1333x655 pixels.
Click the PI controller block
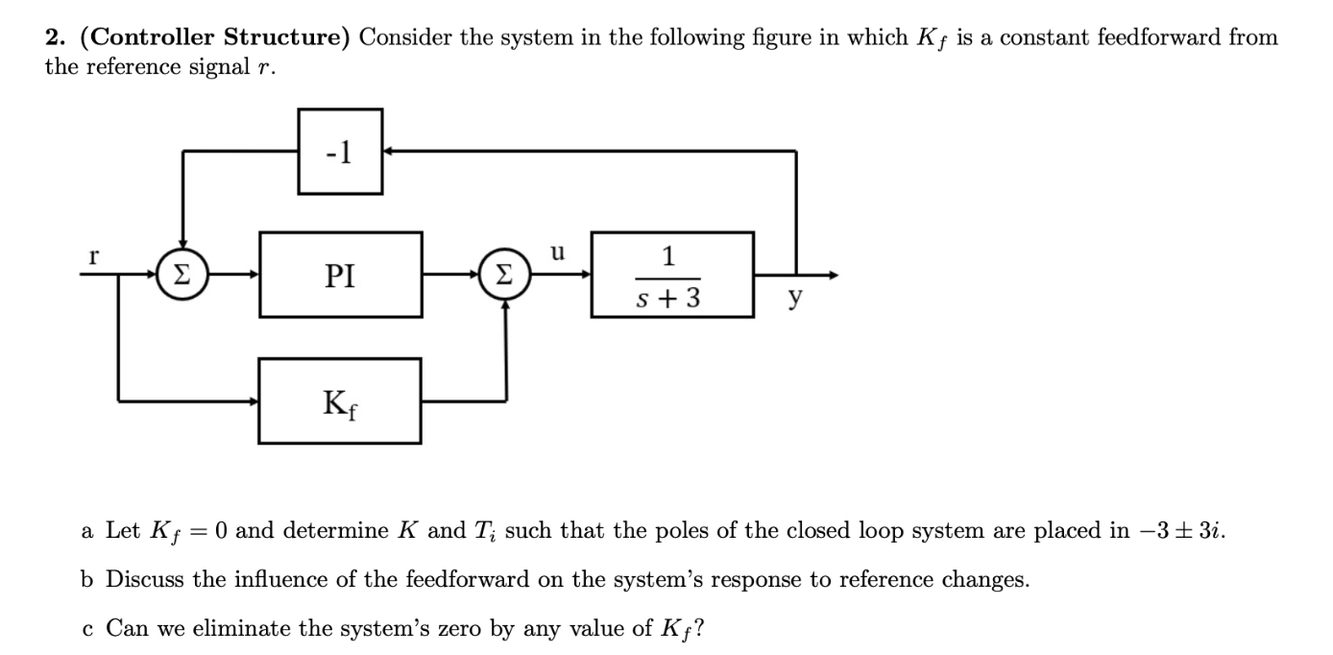(x=340, y=276)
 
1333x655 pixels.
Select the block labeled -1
(x=340, y=151)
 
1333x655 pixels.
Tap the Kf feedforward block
(x=340, y=400)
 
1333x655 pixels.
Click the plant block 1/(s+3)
(x=671, y=275)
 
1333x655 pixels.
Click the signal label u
(x=557, y=254)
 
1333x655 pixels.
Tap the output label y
(x=794, y=300)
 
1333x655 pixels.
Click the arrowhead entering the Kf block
(x=254, y=400)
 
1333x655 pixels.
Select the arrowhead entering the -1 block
(x=388, y=151)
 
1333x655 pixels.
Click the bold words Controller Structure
(x=219, y=37)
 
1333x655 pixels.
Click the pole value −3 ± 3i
(x=1179, y=530)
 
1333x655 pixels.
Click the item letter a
(x=86, y=531)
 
